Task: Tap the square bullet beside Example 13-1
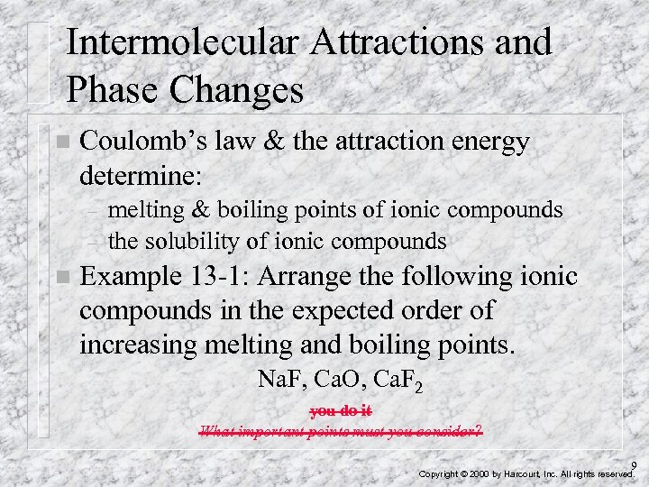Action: (60, 277)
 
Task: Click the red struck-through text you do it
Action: (340, 411)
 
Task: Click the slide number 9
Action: (634, 465)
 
